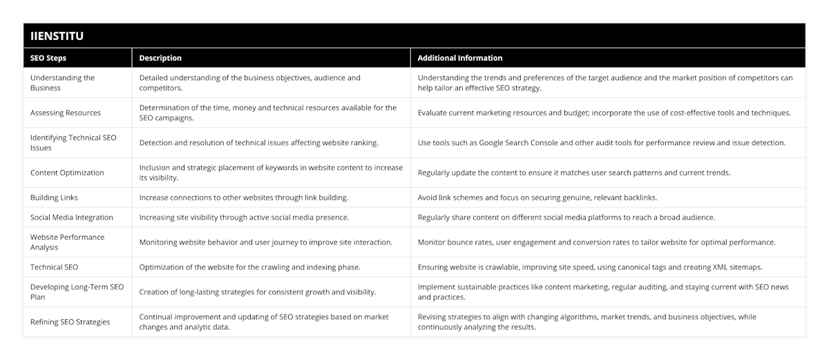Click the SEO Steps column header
pos(48,58)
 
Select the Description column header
pos(160,58)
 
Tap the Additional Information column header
pos(460,58)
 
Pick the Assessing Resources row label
pos(66,113)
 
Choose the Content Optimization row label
pos(67,173)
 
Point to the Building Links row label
pos(54,198)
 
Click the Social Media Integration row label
pos(72,217)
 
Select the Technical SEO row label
pos(54,267)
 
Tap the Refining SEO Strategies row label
pos(70,322)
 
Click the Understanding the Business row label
pos(62,83)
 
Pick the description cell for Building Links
pos(243,198)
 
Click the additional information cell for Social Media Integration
pos(566,217)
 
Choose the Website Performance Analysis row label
pos(67,242)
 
